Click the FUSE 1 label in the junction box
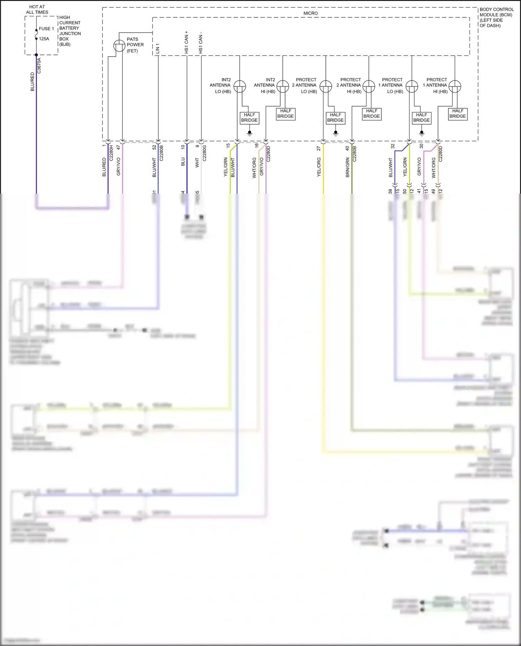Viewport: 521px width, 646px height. click(x=46, y=29)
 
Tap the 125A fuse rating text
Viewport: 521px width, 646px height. click(x=44, y=39)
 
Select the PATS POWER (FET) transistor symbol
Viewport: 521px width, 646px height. click(x=119, y=46)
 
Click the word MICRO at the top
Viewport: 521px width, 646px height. click(x=311, y=13)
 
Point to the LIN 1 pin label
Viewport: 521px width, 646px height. click(x=158, y=49)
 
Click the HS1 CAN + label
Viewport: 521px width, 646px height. click(x=187, y=42)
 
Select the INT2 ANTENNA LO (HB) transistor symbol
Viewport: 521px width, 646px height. click(x=240, y=86)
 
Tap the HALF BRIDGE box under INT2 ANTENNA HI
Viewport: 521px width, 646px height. click(x=286, y=114)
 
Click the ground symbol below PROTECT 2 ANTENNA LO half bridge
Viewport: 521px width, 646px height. click(x=336, y=133)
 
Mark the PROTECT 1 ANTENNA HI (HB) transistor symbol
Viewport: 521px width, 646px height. click(x=455, y=86)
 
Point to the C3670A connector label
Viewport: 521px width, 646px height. click(x=39, y=66)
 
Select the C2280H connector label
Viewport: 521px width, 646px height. click(x=111, y=153)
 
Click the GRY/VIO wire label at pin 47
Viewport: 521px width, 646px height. click(x=118, y=166)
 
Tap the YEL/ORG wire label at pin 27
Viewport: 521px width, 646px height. click(x=319, y=167)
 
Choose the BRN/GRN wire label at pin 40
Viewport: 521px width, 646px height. click(x=348, y=167)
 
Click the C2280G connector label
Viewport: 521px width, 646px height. click(x=205, y=153)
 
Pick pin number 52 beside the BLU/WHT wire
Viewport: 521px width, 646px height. click(x=154, y=147)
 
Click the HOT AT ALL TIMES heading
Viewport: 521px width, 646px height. click(x=37, y=9)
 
